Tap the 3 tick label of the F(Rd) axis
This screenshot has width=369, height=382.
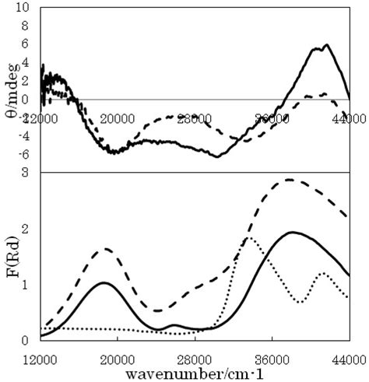[26, 172]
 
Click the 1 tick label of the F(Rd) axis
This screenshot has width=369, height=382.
[26, 285]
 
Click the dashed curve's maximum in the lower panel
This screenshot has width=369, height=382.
[289, 180]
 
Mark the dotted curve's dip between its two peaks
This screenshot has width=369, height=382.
[301, 301]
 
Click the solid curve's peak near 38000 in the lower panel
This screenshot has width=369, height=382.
[293, 232]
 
